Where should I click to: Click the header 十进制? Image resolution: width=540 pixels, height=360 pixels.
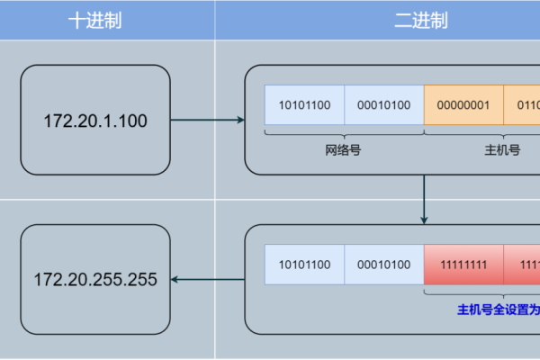(x=95, y=21)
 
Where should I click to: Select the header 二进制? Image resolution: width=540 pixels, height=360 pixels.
(x=421, y=21)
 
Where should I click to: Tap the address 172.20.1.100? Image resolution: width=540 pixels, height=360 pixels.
(x=96, y=120)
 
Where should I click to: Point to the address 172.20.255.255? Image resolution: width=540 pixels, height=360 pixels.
(x=96, y=280)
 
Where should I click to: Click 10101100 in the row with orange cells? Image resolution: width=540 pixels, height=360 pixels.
(x=304, y=105)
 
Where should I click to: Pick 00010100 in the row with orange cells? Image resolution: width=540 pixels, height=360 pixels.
(x=383, y=105)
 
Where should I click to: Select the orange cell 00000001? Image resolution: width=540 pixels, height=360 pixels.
(x=463, y=105)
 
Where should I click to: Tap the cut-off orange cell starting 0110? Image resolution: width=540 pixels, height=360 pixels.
(x=522, y=105)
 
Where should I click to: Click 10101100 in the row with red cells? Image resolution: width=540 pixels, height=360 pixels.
(x=304, y=265)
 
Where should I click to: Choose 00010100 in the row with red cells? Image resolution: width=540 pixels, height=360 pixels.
(x=383, y=265)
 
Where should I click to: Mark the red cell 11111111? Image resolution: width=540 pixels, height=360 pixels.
(x=463, y=265)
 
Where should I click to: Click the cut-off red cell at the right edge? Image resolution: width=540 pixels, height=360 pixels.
(x=522, y=265)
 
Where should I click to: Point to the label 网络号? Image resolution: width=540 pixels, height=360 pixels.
(x=343, y=150)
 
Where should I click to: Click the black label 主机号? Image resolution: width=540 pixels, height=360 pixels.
(x=502, y=150)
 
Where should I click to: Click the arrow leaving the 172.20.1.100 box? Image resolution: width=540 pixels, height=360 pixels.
(x=207, y=120)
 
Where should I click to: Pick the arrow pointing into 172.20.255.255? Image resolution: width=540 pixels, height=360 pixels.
(x=207, y=280)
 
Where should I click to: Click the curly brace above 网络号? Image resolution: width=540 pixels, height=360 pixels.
(x=344, y=133)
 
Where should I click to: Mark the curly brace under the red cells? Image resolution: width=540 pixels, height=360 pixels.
(x=481, y=293)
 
